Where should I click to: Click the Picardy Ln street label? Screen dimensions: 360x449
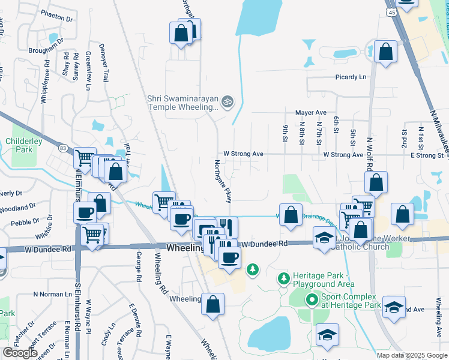[351, 77]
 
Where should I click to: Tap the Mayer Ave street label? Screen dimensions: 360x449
[310, 112]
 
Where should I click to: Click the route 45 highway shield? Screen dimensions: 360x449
[391, 12]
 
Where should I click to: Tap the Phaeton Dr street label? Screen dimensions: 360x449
[57, 19]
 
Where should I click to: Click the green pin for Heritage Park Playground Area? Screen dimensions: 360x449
[283, 278]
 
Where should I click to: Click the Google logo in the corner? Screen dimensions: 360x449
[19, 353]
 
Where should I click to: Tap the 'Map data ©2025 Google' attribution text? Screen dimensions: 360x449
[411, 355]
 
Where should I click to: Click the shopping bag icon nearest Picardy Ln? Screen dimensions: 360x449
[385, 52]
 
